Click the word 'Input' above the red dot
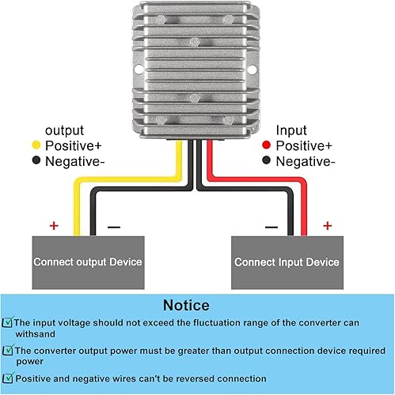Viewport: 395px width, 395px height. click(x=290, y=130)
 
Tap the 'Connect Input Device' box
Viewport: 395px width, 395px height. click(x=287, y=261)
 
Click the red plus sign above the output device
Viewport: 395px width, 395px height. click(x=54, y=226)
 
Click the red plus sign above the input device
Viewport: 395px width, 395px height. click(x=327, y=226)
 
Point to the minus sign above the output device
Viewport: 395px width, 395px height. click(x=113, y=226)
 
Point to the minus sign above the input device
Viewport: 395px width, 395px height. click(x=271, y=226)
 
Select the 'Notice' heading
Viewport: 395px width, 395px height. click(x=186, y=305)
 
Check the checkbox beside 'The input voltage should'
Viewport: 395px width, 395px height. click(x=8, y=323)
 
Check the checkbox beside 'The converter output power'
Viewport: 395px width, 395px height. click(x=8, y=351)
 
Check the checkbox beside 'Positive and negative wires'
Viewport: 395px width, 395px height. click(x=8, y=378)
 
